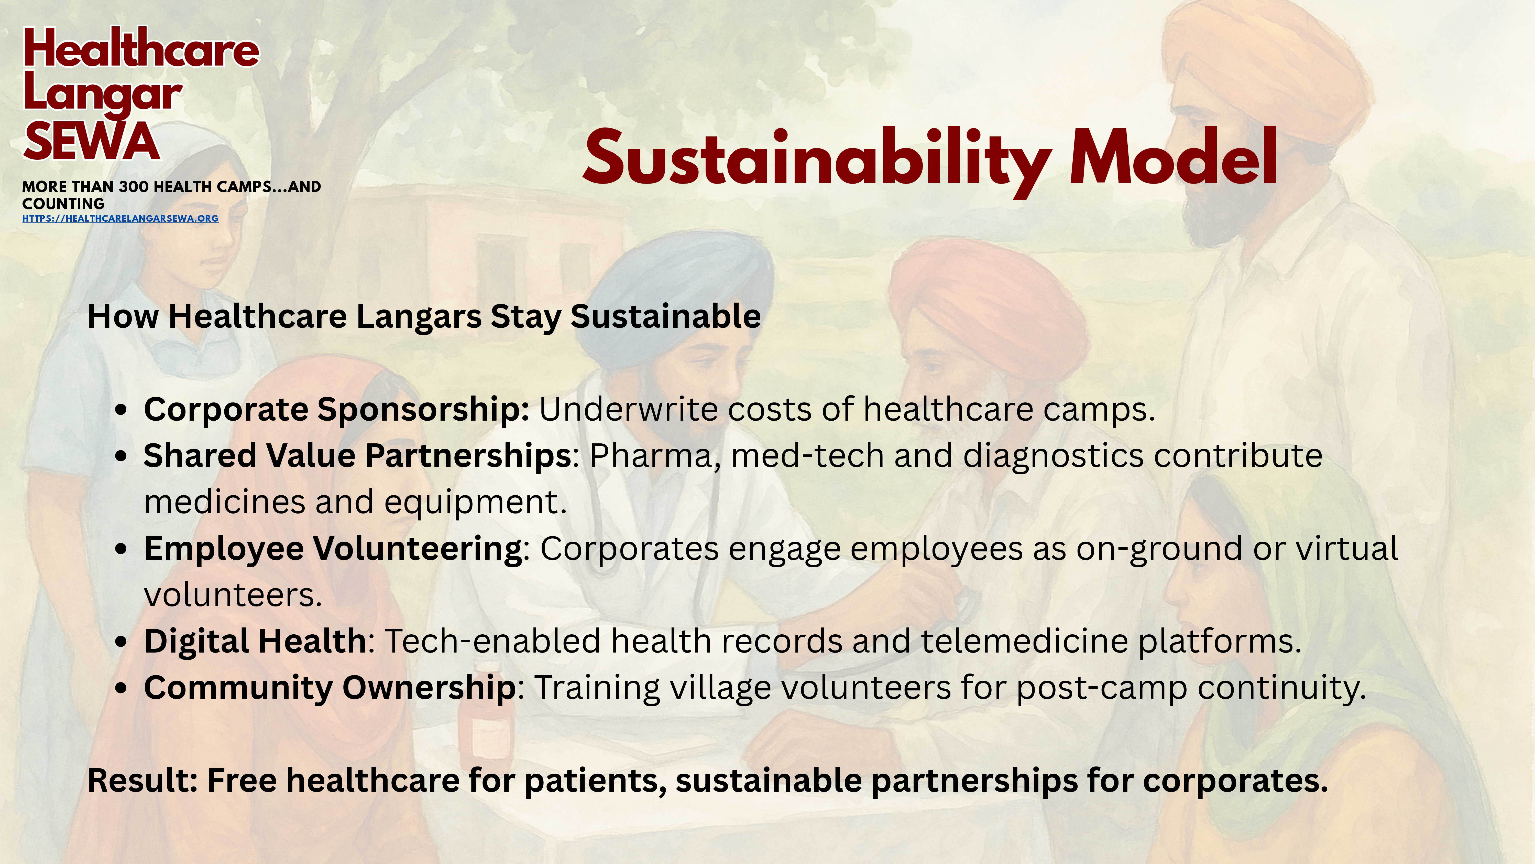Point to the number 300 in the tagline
[x=134, y=187]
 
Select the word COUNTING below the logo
[x=63, y=203]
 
